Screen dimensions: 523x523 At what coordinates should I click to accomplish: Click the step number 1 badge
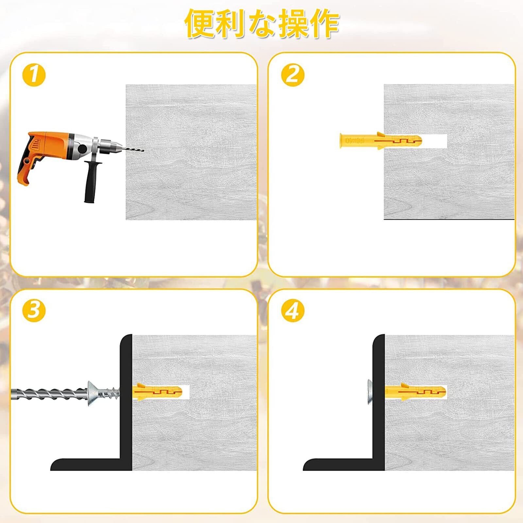pos(34,75)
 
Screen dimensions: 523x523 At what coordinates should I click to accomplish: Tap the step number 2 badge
pos(293,75)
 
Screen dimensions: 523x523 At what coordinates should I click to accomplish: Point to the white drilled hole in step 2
pos(434,141)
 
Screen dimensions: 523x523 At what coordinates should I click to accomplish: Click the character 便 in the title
pos(200,24)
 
